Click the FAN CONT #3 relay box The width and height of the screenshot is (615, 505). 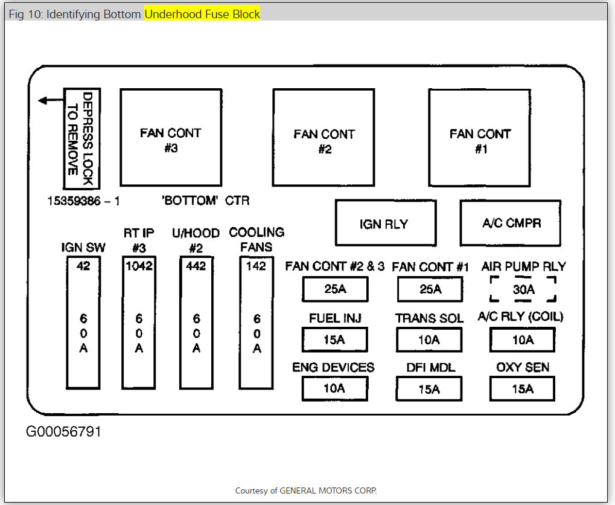pyautogui.click(x=170, y=137)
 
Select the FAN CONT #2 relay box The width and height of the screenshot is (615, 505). pyautogui.click(x=323, y=138)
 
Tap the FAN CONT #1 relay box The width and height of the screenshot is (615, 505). pyautogui.click(x=479, y=138)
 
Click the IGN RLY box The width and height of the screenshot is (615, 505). pyautogui.click(x=385, y=224)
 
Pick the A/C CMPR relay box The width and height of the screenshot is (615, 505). pyautogui.click(x=511, y=223)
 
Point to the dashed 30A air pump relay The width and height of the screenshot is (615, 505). pyautogui.click(x=523, y=289)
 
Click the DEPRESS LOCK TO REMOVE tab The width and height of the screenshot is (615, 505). pyautogui.click(x=82, y=138)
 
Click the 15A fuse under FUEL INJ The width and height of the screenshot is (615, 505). pyautogui.click(x=334, y=339)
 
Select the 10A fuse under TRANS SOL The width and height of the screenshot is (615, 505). pyautogui.click(x=429, y=339)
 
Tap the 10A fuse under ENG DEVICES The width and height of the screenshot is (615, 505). pyautogui.click(x=334, y=388)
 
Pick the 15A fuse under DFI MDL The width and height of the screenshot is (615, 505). pyautogui.click(x=429, y=389)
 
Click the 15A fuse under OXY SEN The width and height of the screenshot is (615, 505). pyautogui.click(x=522, y=389)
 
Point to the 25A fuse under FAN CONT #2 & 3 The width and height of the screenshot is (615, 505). pyautogui.click(x=334, y=289)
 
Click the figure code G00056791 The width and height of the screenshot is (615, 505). pyautogui.click(x=63, y=433)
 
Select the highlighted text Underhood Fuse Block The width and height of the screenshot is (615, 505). pyautogui.click(x=202, y=14)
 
